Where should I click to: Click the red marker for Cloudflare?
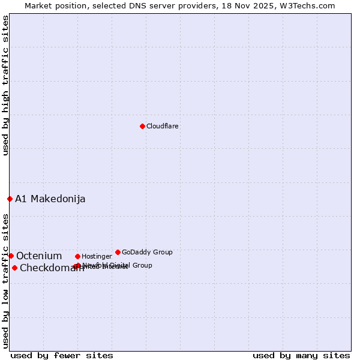[142, 126]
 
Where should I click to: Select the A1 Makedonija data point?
[10, 199]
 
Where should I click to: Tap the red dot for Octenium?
[11, 256]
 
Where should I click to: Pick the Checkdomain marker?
[14, 268]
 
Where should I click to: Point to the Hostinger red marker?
[77, 256]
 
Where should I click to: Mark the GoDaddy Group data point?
[118, 252]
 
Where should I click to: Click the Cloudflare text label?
[163, 127]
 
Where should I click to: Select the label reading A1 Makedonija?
[50, 199]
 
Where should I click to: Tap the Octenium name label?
[39, 256]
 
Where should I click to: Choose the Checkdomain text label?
[52, 268]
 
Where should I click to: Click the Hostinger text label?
[97, 257]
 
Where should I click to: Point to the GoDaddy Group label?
[147, 253]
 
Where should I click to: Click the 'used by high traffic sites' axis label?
[6, 85]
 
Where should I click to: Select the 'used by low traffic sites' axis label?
[6, 281]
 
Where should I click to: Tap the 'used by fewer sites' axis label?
[62, 355]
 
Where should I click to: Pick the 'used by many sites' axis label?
[301, 355]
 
